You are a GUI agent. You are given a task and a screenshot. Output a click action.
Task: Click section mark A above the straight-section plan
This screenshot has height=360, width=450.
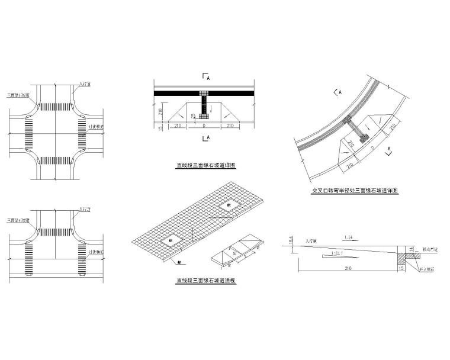tap(206, 76)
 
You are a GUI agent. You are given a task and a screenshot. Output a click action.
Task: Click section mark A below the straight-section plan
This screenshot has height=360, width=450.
tap(206, 138)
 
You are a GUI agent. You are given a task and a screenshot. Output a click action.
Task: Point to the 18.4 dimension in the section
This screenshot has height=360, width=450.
tap(291, 240)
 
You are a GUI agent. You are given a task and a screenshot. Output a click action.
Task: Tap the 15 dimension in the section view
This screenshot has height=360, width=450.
tap(402, 268)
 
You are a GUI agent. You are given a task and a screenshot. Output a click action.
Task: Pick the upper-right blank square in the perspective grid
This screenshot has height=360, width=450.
tap(229, 205)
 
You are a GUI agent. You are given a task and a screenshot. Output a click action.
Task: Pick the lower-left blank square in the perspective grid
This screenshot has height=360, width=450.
tap(170, 240)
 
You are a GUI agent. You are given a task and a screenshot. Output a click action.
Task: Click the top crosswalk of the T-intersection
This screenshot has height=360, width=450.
tap(55, 237)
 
